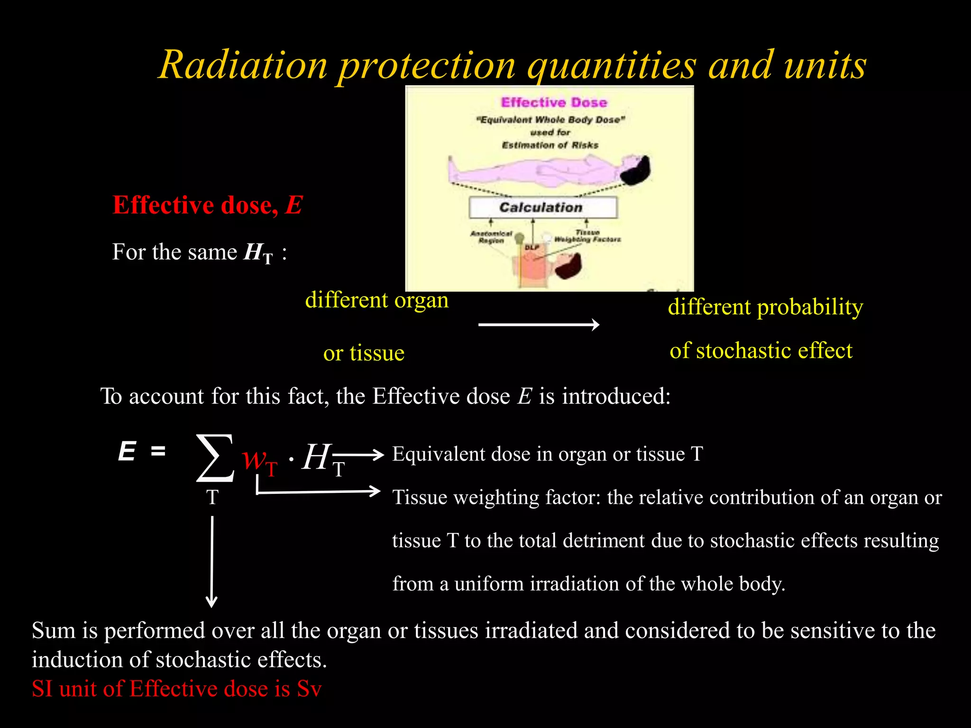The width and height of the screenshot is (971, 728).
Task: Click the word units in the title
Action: pyautogui.click(x=825, y=65)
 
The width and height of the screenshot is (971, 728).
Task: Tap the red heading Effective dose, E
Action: pyautogui.click(x=207, y=205)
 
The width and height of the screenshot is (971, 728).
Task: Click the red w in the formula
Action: pyautogui.click(x=254, y=459)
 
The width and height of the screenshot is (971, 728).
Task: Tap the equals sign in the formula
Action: pyautogui.click(x=158, y=451)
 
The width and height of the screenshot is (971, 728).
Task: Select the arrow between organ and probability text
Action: pyautogui.click(x=539, y=325)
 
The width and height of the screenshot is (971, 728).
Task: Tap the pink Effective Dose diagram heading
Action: pyautogui.click(x=554, y=102)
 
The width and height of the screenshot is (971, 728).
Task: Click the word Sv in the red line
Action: pyautogui.click(x=309, y=689)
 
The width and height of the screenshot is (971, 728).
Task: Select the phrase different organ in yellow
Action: pyautogui.click(x=376, y=300)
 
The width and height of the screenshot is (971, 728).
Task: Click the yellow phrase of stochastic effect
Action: pyautogui.click(x=760, y=351)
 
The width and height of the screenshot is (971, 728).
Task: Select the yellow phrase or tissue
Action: pyautogui.click(x=364, y=353)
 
